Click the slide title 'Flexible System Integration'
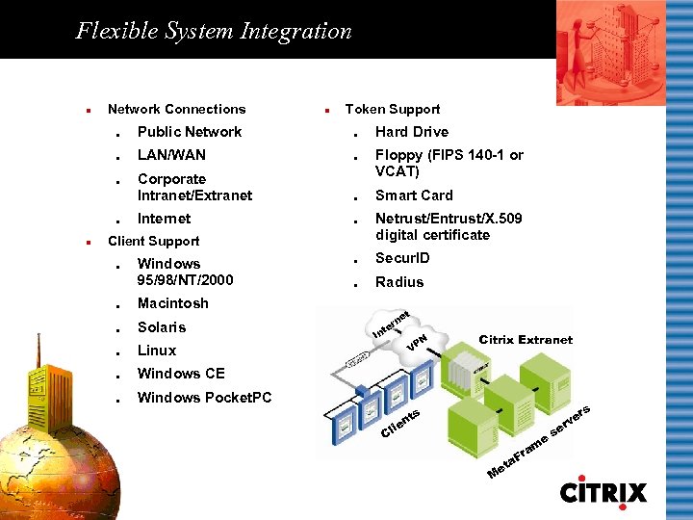coord(214,31)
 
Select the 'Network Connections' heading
coord(176,109)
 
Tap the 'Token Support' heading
coord(393,109)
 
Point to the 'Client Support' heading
coord(153,241)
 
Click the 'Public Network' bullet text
coord(190,132)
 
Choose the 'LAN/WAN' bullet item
coord(171,154)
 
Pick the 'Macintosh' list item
coord(172,303)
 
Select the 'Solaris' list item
coord(162,326)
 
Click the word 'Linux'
coord(157,350)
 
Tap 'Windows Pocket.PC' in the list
coord(204,398)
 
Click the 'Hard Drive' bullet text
coord(411,132)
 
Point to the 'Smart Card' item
coord(414,195)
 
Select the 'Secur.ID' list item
coord(402,258)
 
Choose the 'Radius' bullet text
coord(398,282)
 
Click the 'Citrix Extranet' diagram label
coord(526,339)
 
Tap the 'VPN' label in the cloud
coord(417,341)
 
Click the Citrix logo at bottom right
coord(603,490)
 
